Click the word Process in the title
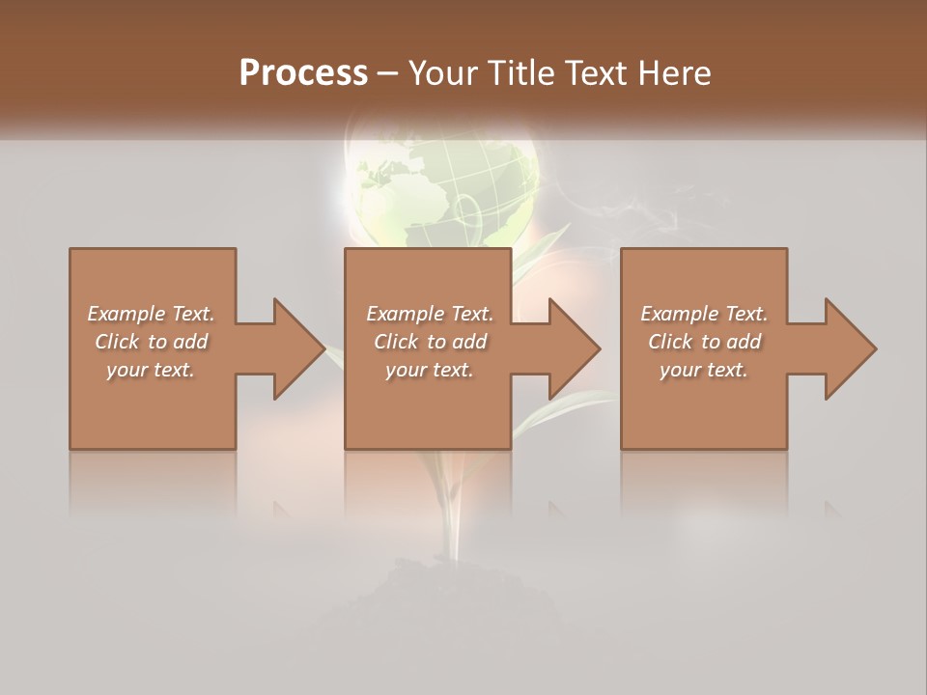303,73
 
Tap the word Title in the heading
523,73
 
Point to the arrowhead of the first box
295,348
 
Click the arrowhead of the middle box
570,348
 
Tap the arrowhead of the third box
846,348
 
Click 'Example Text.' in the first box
151,314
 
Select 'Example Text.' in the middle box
430,314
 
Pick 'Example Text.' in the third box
704,314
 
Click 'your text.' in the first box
151,370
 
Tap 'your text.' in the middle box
430,370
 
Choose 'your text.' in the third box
704,370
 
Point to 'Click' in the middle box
396,342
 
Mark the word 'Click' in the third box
670,342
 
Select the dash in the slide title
388,74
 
